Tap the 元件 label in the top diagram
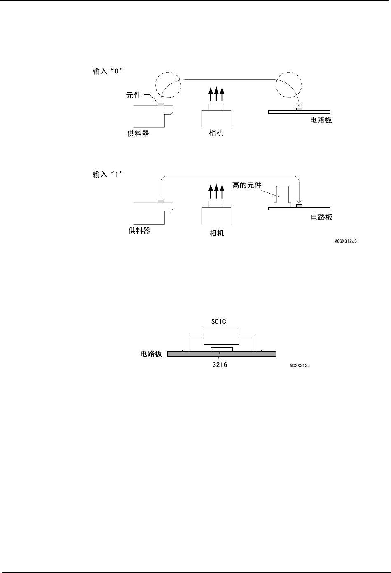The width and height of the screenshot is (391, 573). tap(133, 95)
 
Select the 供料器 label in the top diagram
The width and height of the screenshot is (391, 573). tap(138, 133)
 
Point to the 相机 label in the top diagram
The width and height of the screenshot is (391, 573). tap(216, 133)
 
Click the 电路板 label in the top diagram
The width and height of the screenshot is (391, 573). tap(321, 120)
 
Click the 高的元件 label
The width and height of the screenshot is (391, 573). tap(247, 185)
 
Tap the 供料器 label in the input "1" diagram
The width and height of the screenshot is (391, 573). tap(139, 231)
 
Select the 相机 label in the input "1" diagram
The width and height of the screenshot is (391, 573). tap(217, 233)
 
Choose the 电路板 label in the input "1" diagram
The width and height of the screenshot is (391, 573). tap(321, 217)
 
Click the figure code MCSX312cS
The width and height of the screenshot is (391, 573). tap(345, 241)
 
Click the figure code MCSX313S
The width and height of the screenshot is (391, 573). tap(300, 365)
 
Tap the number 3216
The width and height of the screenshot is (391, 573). tap(217, 365)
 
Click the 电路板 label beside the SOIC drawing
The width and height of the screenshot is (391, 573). tap(151, 354)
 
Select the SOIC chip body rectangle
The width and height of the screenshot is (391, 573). tap(222, 335)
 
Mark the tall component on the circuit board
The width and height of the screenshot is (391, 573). tap(282, 196)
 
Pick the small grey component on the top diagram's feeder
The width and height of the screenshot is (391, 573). tap(161, 105)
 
